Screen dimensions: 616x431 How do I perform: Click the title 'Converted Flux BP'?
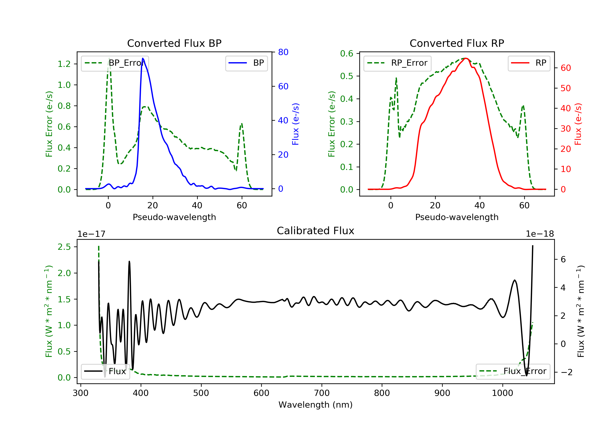[174, 43]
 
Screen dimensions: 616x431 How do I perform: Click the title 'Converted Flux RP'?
[457, 43]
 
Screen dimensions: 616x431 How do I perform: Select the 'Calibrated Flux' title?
[316, 231]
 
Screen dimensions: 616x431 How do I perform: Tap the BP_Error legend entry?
[115, 63]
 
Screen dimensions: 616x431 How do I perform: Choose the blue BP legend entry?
[246, 63]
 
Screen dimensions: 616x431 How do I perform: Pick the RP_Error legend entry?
[397, 63]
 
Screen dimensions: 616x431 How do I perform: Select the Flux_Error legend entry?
[513, 371]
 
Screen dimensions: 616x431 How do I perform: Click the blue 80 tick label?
[283, 52]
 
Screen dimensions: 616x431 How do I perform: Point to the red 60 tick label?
[566, 68]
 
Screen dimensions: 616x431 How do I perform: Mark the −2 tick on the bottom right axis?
[566, 372]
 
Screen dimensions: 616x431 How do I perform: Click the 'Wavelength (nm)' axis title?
[316, 405]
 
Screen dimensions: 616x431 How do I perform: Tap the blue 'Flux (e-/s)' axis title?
[295, 124]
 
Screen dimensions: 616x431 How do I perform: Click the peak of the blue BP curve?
[143, 58]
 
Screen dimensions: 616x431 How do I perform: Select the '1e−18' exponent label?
[540, 234]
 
